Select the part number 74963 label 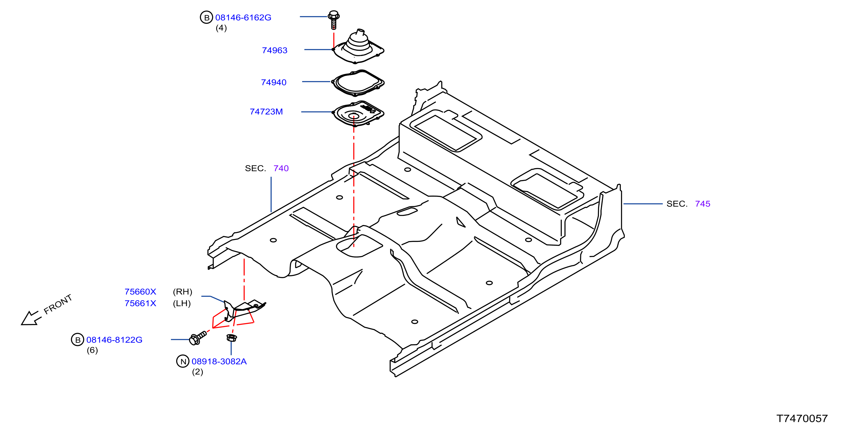pyautogui.click(x=274, y=50)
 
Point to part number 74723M pyautogui.click(x=266, y=111)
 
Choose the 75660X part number pyautogui.click(x=140, y=291)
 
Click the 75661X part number pyautogui.click(x=140, y=303)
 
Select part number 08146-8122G pyautogui.click(x=114, y=340)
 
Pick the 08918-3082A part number pyautogui.click(x=219, y=361)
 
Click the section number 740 pyautogui.click(x=281, y=168)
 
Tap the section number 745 pyautogui.click(x=703, y=204)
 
